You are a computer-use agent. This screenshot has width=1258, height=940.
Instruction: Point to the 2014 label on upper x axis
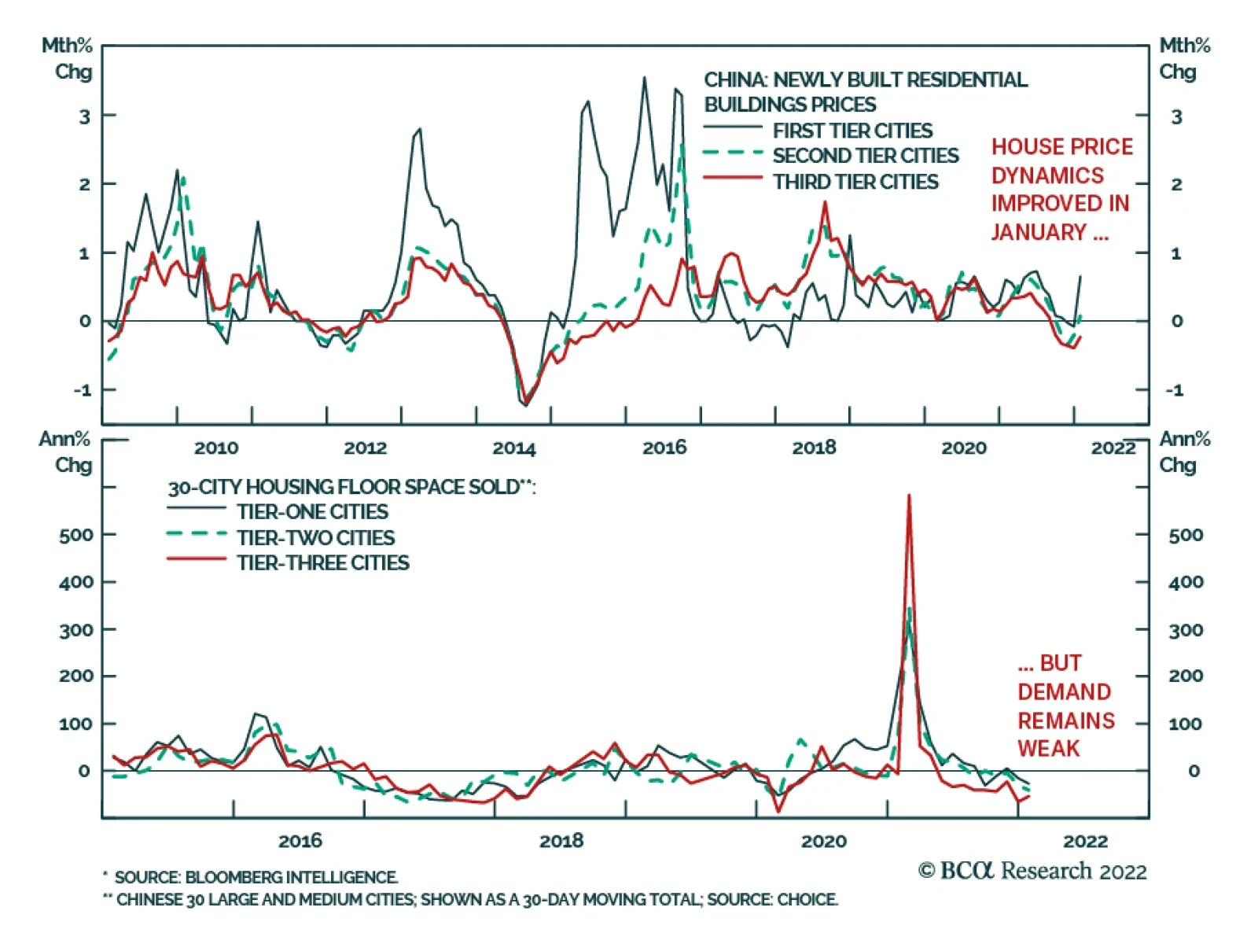[x=514, y=448]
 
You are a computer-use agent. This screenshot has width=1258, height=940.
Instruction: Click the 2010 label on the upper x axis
[x=216, y=448]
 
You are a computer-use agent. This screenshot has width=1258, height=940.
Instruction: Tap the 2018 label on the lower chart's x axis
[x=561, y=841]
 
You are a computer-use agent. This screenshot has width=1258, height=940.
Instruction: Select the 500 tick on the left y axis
[x=76, y=536]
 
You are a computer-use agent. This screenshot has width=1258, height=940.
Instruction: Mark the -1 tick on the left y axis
[x=83, y=390]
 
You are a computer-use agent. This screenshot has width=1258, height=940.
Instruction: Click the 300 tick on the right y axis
[x=1186, y=630]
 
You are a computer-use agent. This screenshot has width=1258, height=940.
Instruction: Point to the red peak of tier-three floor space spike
[x=909, y=496]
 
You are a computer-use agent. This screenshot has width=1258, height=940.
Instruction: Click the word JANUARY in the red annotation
[x=1039, y=232]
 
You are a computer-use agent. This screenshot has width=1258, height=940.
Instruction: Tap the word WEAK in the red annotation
[x=1049, y=748]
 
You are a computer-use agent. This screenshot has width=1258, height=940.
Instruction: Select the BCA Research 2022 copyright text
[x=1032, y=871]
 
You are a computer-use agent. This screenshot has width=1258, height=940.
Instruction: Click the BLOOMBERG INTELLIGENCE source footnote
[x=256, y=877]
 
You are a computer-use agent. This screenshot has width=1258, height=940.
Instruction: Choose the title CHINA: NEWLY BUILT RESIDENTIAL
[x=865, y=79]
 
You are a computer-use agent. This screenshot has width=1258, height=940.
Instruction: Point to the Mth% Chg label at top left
[x=68, y=58]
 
